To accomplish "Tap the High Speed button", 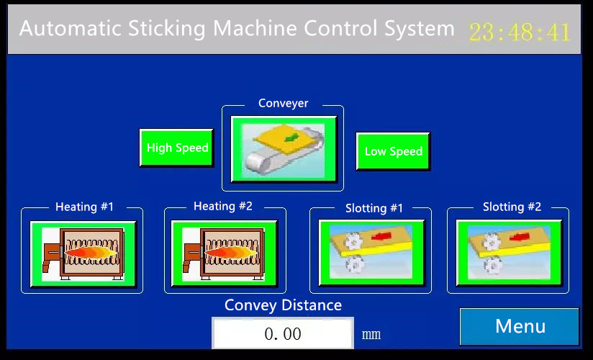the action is click(176, 148).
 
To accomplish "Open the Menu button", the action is click(520, 326).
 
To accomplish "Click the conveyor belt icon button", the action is click(284, 149).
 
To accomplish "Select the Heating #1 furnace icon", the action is click(83, 254).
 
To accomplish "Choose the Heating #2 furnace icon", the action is click(225, 253).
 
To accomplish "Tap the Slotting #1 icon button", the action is click(372, 253).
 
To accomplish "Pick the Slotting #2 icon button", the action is click(510, 253).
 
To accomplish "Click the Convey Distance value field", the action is click(283, 333).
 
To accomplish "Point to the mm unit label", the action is click(371, 335).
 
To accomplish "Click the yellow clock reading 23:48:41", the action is click(520, 32).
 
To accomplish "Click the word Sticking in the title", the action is click(166, 29).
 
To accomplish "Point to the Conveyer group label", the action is click(284, 104).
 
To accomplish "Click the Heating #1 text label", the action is click(84, 207).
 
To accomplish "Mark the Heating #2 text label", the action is click(223, 207).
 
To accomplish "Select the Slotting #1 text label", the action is click(374, 208).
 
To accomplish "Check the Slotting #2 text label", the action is click(512, 207).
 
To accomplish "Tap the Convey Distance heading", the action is click(283, 305).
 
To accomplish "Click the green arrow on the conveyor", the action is click(290, 138).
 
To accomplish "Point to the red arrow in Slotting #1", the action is click(381, 236).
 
